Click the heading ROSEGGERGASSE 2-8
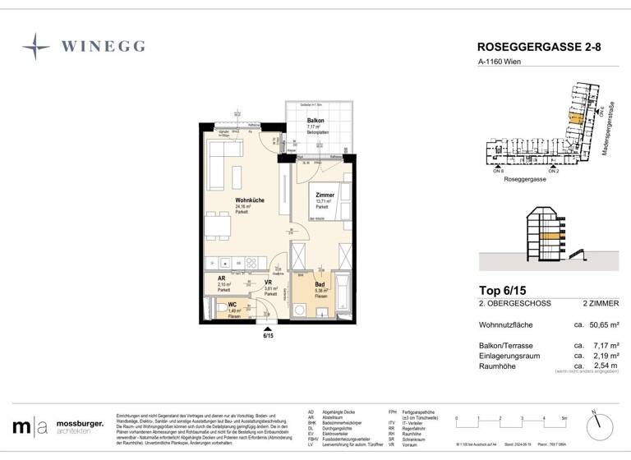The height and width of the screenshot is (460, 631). coord(532,48)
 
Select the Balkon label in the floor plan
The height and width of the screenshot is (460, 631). coord(315,120)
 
